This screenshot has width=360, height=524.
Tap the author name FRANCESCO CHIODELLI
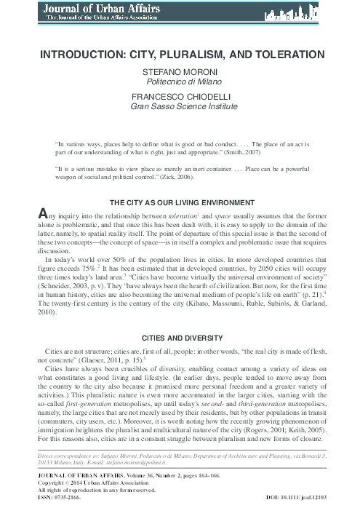click(180, 96)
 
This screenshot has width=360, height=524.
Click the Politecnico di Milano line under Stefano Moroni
click(180, 84)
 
